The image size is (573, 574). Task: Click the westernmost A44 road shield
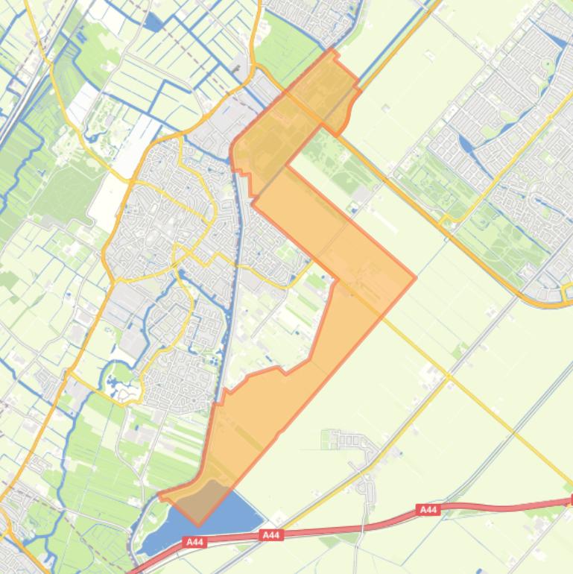pyautogui.click(x=195, y=543)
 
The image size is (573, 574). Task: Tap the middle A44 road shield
pyautogui.click(x=271, y=535)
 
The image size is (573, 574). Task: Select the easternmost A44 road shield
pyautogui.click(x=428, y=510)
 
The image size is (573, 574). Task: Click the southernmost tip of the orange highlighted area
pyautogui.click(x=199, y=524)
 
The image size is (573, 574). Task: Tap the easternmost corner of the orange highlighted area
pyautogui.click(x=415, y=278)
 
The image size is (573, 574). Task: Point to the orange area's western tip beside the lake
pyautogui.click(x=160, y=493)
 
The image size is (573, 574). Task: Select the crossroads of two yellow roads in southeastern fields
pyautogui.click(x=449, y=377)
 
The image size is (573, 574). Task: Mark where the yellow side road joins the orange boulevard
pyautogui.click(x=446, y=221)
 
